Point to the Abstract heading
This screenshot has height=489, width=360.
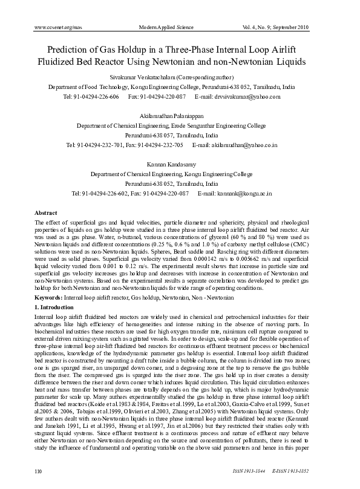tap(46, 214)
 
